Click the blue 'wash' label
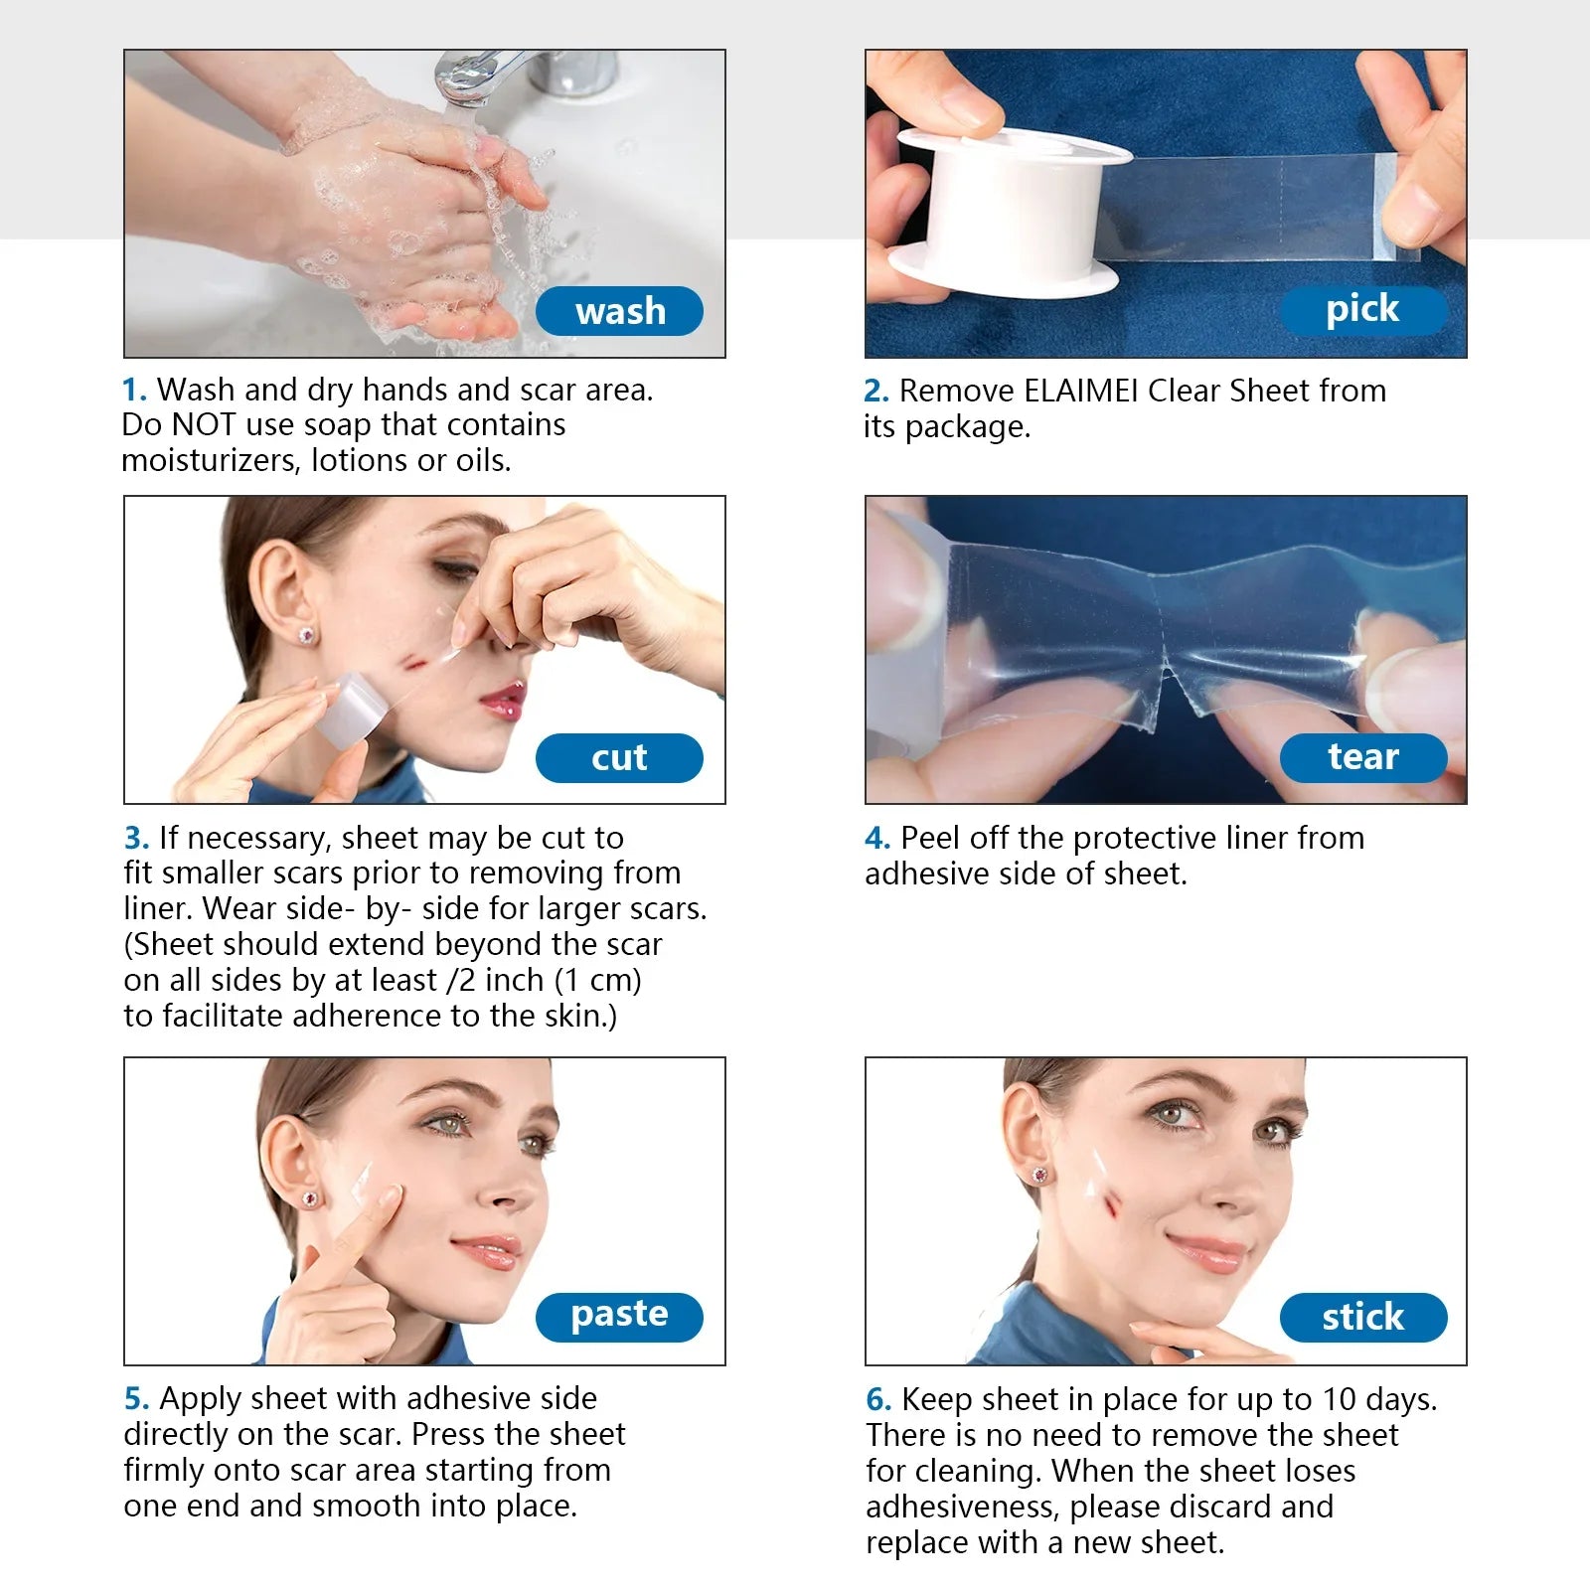619,311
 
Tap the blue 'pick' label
1362,310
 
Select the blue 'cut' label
619,758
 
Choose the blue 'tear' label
1362,757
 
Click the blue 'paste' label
619,1316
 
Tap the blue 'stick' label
1362,1317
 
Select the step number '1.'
134,390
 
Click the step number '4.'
876,838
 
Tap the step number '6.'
877,1399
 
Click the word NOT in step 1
205,425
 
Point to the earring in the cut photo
307,634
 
